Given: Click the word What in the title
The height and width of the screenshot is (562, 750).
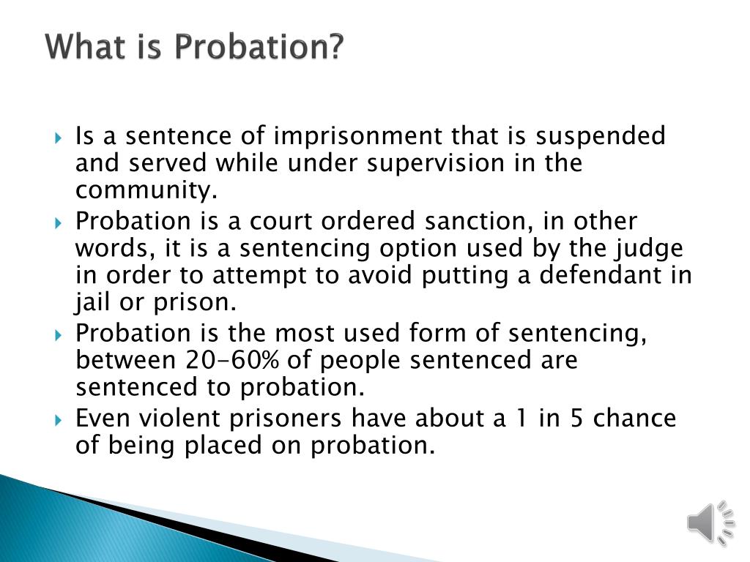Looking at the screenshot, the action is (x=84, y=46).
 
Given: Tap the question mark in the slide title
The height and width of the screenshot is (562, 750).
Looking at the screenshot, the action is (x=334, y=46).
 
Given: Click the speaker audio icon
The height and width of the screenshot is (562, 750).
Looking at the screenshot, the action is (x=710, y=522).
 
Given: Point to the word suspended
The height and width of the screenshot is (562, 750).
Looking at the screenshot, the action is (x=601, y=135).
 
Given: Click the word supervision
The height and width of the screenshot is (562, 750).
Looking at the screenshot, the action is (x=436, y=163).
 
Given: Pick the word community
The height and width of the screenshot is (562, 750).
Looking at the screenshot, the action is (x=146, y=190).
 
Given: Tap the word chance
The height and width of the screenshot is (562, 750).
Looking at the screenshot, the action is (x=635, y=418).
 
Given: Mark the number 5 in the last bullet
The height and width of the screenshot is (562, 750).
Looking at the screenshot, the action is (x=576, y=418).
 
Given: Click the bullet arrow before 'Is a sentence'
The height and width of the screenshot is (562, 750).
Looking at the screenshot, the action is (x=59, y=138).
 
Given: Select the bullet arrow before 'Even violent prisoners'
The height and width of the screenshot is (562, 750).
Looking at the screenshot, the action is (x=59, y=421).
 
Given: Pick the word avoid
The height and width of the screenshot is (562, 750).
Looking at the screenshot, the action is (x=379, y=275).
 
